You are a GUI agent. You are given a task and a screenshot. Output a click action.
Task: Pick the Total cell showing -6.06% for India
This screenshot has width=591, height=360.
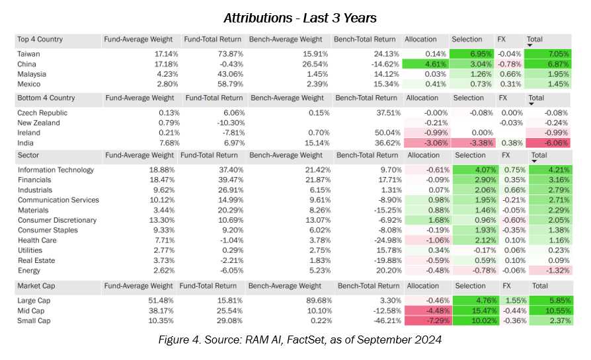pos(549,143)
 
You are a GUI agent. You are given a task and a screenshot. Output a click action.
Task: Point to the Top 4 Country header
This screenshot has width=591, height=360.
pos(40,40)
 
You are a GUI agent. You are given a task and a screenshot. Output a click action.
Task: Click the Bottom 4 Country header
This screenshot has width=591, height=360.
pos(46,98)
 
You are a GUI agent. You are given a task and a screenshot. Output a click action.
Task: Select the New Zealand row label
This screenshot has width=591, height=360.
pos(39,123)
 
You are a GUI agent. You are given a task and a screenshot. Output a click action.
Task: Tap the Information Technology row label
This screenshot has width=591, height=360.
pos(56,170)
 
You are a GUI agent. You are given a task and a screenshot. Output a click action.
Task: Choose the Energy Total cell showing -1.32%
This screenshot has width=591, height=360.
pos(549,270)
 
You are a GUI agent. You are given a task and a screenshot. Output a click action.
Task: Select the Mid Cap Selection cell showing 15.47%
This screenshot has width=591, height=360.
pos(476,310)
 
